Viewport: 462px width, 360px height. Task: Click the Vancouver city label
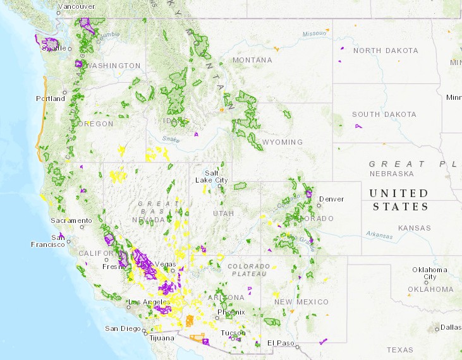76,6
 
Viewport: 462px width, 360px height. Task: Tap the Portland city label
51,99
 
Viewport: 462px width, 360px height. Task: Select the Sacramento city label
71,220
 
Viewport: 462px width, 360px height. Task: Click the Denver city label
332,199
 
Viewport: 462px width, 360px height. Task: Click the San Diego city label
120,328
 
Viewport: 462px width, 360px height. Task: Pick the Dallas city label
452,327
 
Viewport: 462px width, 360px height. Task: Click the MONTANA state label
252,60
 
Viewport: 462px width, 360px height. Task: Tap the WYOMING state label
283,142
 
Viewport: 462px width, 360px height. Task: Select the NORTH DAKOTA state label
386,51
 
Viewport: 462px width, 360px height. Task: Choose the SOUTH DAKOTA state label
384,114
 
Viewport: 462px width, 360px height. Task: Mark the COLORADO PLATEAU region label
248,270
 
